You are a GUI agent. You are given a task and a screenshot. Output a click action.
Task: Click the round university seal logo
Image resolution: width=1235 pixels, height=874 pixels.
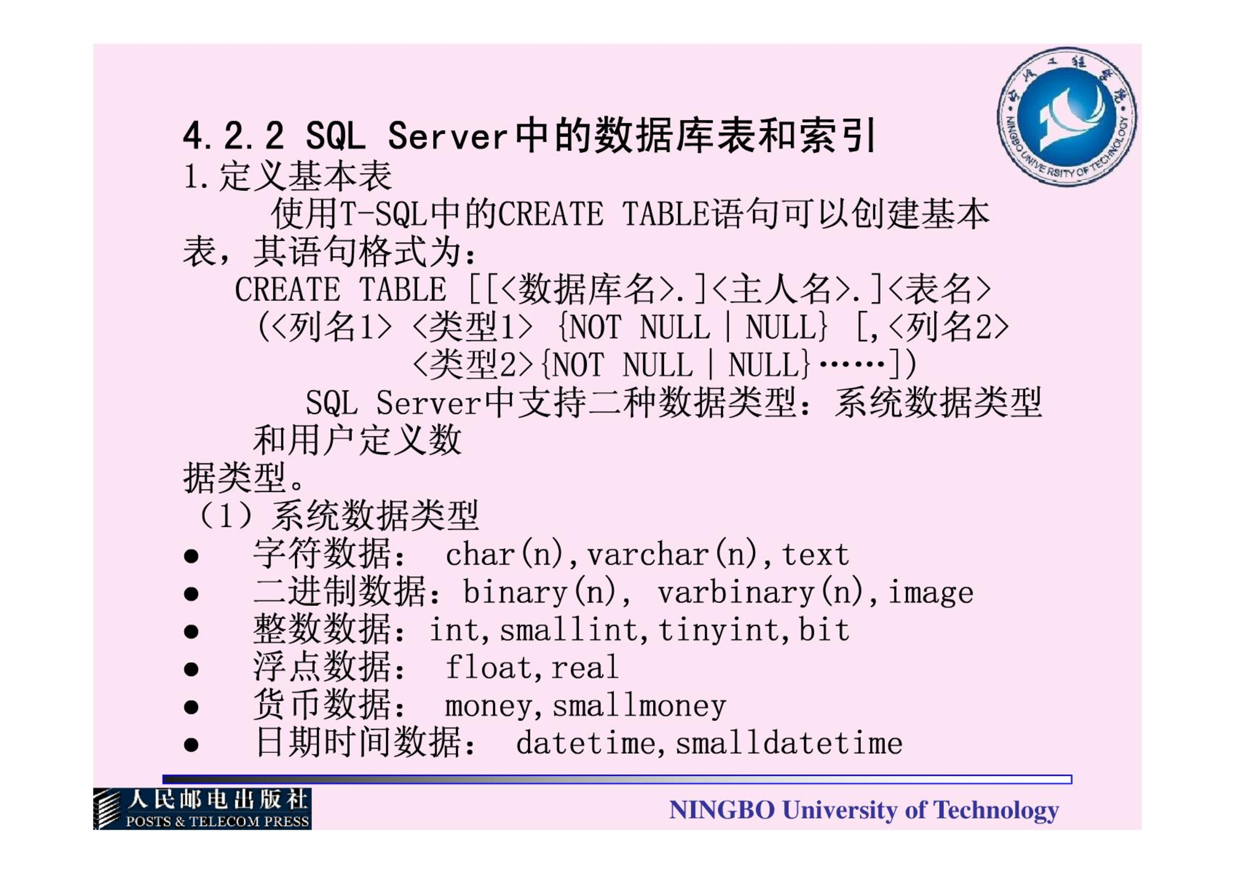click(x=1067, y=117)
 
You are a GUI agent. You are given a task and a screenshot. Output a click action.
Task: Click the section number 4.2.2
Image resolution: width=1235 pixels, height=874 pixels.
click(x=234, y=135)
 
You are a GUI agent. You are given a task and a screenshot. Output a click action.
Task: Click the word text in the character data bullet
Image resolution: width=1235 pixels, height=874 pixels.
click(x=815, y=554)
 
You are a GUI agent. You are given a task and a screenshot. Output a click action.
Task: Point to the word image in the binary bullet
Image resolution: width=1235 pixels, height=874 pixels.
click(x=931, y=593)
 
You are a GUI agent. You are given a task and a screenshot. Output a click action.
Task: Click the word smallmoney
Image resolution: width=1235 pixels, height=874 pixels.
click(x=639, y=706)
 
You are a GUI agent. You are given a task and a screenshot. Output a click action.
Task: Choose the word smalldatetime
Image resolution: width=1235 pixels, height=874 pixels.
click(x=789, y=743)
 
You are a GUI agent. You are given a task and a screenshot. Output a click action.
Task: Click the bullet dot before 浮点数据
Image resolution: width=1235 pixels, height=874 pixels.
click(x=191, y=669)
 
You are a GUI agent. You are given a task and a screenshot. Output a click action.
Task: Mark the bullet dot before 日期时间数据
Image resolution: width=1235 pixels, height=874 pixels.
click(x=191, y=745)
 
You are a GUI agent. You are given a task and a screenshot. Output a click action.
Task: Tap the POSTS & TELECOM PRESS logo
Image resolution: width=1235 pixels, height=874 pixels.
click(x=202, y=809)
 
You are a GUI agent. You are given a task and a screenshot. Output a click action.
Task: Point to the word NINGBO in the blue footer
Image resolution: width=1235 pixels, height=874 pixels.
click(x=722, y=810)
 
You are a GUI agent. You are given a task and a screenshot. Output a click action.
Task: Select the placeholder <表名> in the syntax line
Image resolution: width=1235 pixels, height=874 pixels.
click(x=939, y=289)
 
